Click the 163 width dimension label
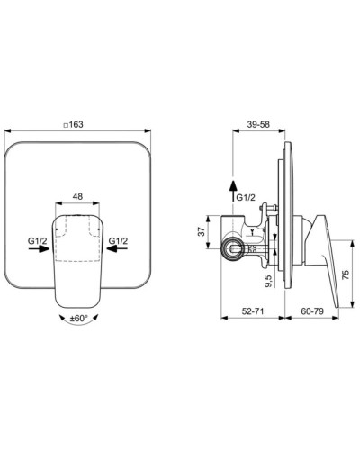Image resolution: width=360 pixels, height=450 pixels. point(76,124)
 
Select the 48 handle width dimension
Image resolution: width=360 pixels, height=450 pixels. point(77,196)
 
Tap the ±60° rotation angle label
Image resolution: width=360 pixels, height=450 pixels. point(78,319)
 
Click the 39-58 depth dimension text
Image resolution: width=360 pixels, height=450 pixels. point(257,124)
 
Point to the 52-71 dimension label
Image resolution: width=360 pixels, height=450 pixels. point(253,311)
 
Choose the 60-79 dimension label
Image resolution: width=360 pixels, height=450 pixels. point(312,311)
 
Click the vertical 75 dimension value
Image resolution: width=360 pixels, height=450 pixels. point(346,274)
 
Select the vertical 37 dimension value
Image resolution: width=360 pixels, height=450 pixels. point(202,231)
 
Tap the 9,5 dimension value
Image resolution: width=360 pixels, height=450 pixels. point(268,281)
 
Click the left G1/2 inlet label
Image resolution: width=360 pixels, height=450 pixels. point(38,240)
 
